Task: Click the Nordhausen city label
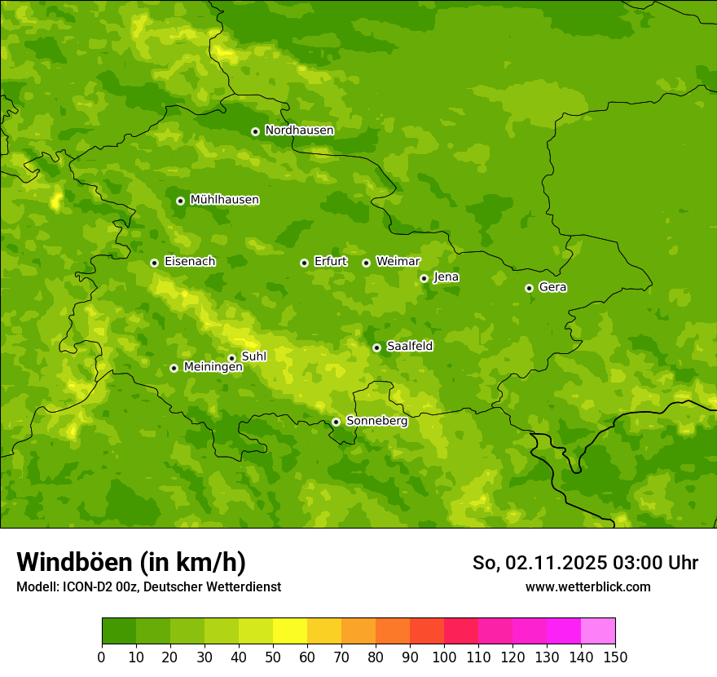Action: (x=299, y=131)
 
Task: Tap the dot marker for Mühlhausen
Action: (x=180, y=201)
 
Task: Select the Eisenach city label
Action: (x=190, y=262)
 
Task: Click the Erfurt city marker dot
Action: (x=304, y=263)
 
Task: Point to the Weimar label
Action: (x=398, y=262)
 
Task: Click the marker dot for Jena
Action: (x=424, y=278)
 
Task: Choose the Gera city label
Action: (x=552, y=287)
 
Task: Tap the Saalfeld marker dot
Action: (x=376, y=347)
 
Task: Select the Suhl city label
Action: (x=254, y=356)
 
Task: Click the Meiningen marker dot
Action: (x=174, y=368)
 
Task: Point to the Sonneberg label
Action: (x=376, y=421)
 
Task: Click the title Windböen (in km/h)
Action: (x=131, y=562)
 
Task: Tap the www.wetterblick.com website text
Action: (x=587, y=587)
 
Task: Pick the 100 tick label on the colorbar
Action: (x=444, y=657)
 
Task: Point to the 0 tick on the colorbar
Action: (x=102, y=657)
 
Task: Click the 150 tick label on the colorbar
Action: (x=615, y=657)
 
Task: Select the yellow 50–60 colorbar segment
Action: (x=290, y=631)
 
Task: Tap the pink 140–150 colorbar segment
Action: (x=598, y=631)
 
